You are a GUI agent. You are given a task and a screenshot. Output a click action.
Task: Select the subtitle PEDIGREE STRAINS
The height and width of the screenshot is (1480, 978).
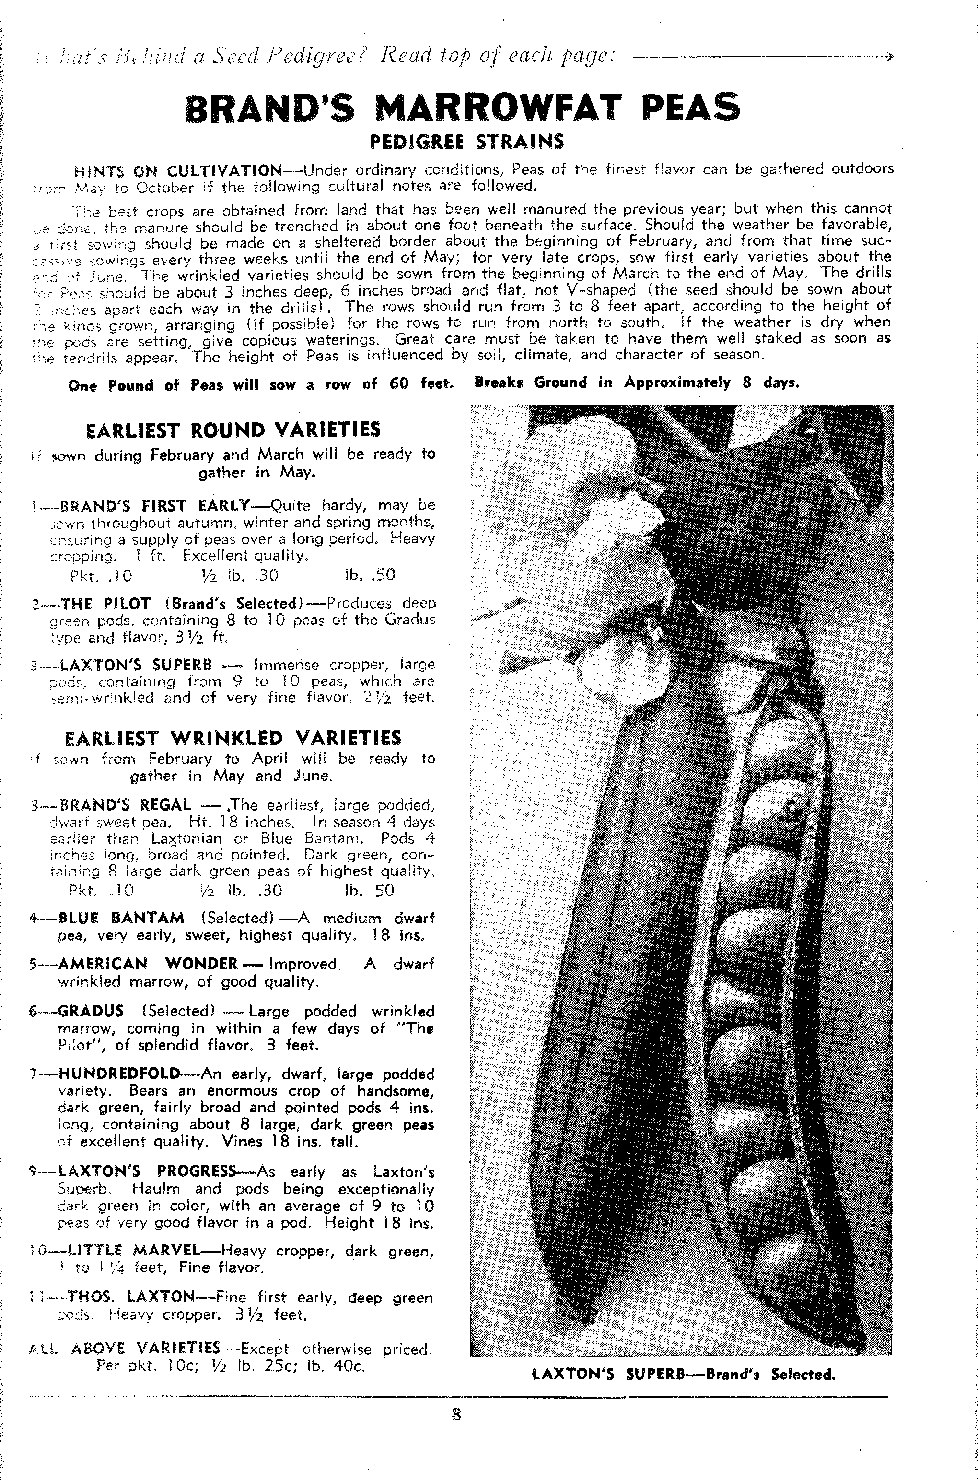466,142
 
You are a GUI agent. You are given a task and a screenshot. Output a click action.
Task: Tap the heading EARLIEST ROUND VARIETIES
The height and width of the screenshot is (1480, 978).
233,430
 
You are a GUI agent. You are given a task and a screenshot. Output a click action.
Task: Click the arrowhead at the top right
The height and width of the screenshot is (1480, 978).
889,57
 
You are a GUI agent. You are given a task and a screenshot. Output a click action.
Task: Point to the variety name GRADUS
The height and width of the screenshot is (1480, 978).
91,1011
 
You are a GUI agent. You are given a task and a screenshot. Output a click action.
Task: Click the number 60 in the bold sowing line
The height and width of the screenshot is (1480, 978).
398,384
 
